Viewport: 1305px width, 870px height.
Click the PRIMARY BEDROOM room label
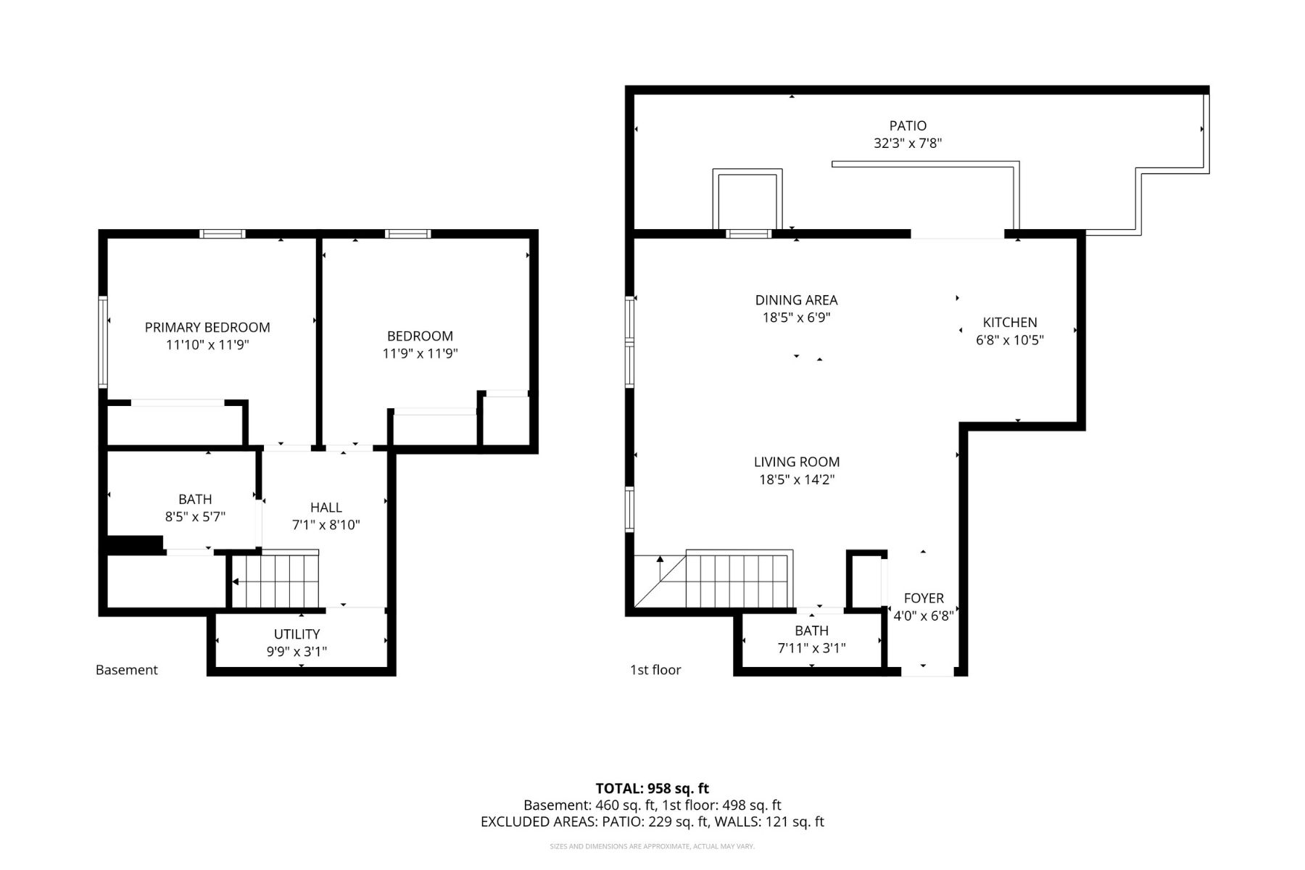207,328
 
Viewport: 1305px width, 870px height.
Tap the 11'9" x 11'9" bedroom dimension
420,354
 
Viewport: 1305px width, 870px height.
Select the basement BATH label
195,500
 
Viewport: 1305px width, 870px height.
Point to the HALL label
326,507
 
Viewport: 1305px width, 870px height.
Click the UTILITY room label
297,634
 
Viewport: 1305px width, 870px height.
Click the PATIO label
908,126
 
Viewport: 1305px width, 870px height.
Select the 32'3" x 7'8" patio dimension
908,144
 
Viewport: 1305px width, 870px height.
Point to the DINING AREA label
796,300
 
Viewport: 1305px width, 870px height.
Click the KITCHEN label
1010,323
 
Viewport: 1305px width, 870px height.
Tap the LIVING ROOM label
797,462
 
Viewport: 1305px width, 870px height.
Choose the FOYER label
924,598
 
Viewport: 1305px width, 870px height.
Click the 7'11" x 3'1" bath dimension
812,648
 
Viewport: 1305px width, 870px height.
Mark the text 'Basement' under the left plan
127,670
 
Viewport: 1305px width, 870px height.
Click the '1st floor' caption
655,670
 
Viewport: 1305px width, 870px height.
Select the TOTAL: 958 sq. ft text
652,788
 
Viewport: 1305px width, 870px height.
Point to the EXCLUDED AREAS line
652,822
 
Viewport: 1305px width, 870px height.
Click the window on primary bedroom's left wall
103,341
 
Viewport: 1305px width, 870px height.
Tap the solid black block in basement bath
135,545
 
